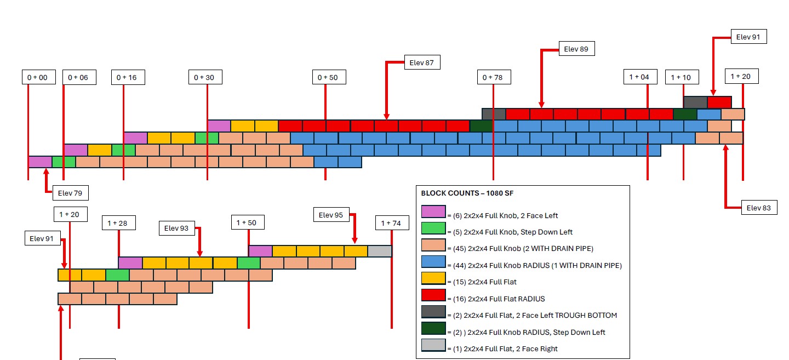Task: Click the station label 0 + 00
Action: pos(39,77)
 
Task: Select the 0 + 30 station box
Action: pos(205,77)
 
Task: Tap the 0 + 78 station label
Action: pos(494,77)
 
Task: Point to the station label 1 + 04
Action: pos(641,77)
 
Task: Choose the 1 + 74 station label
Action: pos(392,223)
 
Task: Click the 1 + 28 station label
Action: pos(119,223)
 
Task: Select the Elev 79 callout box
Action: pos(71,193)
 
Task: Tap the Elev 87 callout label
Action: pos(422,62)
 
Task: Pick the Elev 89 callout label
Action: pos(576,49)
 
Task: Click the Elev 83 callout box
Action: pos(759,208)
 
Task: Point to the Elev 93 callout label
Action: pos(176,228)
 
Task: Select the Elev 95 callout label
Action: pos(331,215)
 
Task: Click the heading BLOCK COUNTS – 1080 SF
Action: pos(467,193)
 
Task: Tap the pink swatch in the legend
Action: pos(433,212)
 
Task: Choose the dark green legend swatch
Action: pos(433,328)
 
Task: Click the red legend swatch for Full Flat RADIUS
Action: pos(433,295)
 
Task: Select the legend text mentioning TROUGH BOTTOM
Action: pos(532,315)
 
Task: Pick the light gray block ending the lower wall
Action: pos(380,251)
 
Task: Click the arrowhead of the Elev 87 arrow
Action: pos(386,117)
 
